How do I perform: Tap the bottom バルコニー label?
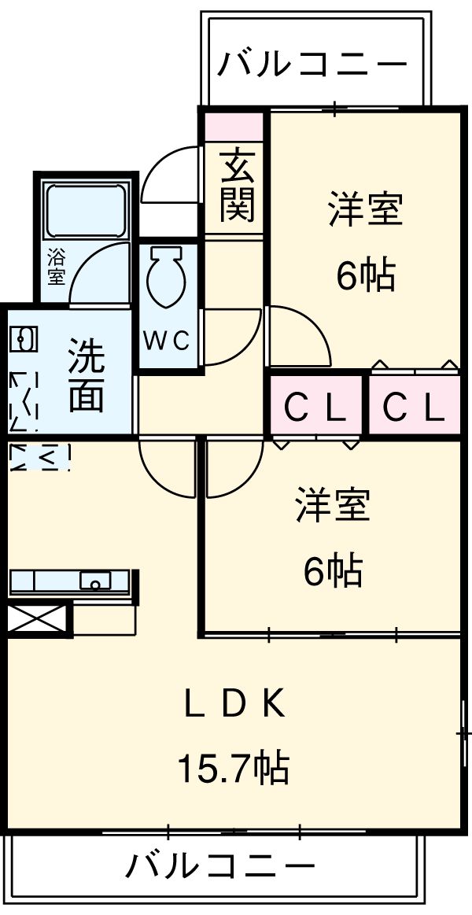(220, 867)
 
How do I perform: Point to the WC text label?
(166, 341)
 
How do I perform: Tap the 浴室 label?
(56, 267)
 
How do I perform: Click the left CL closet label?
(315, 406)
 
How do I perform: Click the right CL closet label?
(414, 406)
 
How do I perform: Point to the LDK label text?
(234, 705)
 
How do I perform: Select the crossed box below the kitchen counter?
(38, 617)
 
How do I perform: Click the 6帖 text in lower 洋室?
(333, 570)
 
